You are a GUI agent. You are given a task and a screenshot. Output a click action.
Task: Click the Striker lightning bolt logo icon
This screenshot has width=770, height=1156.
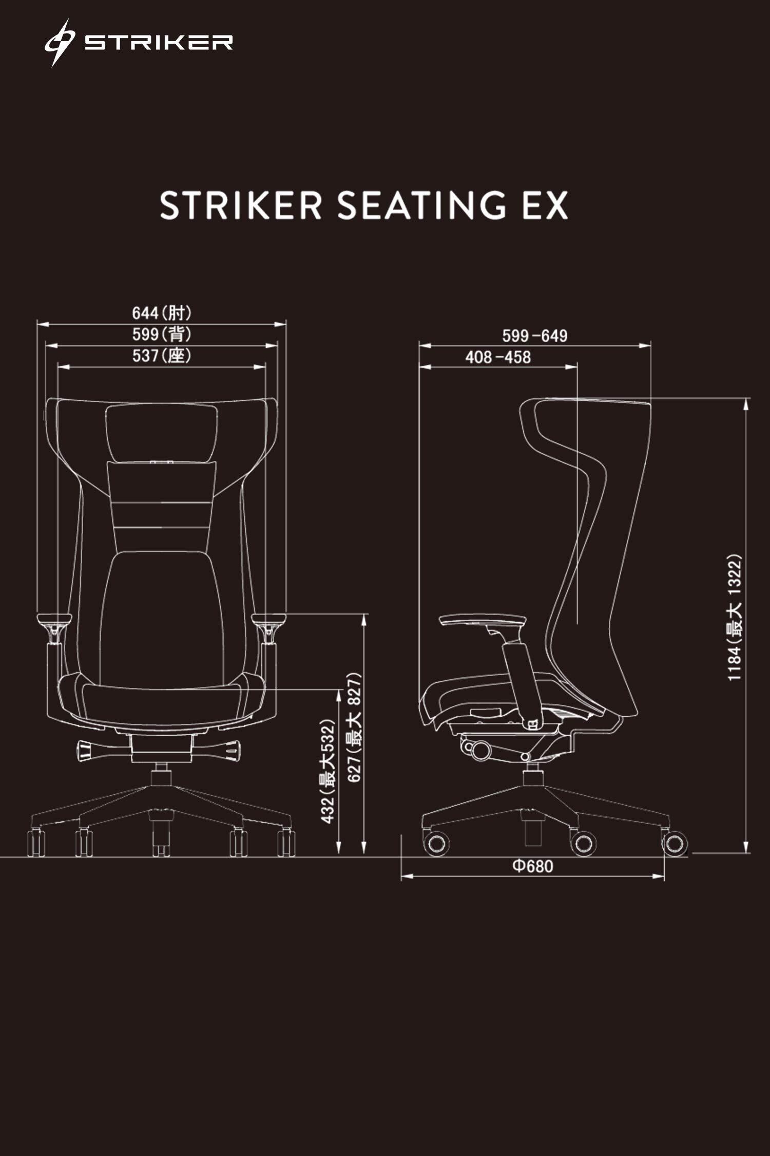59,43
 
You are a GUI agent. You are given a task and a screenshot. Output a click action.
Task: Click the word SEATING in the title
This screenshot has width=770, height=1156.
421,206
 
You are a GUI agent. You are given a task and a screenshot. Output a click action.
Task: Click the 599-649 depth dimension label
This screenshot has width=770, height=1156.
534,336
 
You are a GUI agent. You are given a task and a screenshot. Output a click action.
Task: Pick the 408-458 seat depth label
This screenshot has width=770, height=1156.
497,357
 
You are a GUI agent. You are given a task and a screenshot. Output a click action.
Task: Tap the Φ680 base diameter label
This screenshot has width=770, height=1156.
533,866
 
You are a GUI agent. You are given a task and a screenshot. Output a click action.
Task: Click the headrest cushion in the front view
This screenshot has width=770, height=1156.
161,433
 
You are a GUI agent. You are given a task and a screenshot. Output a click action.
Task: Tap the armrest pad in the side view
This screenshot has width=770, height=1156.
483,621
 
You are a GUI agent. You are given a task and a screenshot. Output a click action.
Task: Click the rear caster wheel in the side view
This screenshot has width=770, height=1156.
674,843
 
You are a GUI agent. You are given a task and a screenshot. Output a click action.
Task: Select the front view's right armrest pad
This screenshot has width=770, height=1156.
269,619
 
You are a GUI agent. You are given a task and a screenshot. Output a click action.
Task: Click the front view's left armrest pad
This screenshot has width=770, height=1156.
53,619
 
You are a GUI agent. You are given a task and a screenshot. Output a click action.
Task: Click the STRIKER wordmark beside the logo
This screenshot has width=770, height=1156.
159,43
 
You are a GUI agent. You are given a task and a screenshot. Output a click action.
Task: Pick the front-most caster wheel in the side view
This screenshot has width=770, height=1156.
436,843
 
